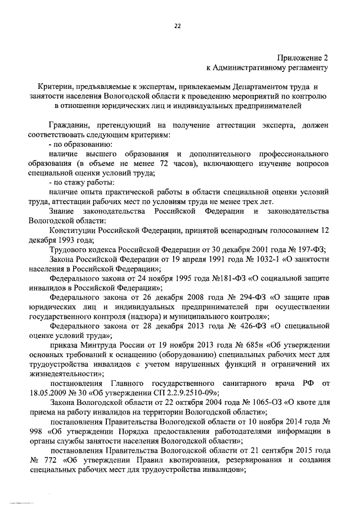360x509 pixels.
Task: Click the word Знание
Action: [x=62, y=211]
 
